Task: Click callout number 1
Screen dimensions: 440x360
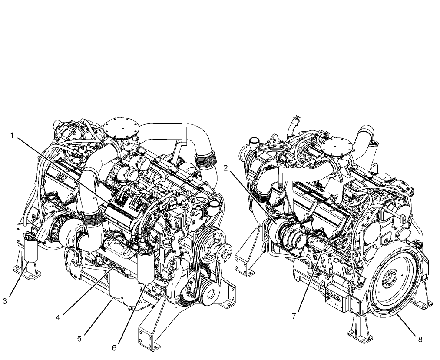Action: (12, 136)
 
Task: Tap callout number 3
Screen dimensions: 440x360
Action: (5, 302)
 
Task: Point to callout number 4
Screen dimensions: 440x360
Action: (57, 318)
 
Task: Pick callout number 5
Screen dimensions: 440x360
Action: (79, 339)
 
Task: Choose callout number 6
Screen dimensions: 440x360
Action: (114, 348)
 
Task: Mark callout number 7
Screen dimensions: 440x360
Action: (294, 316)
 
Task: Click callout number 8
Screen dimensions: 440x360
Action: (420, 340)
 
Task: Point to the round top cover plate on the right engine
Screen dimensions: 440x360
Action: (336, 147)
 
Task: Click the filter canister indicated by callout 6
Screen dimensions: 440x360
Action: (146, 267)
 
